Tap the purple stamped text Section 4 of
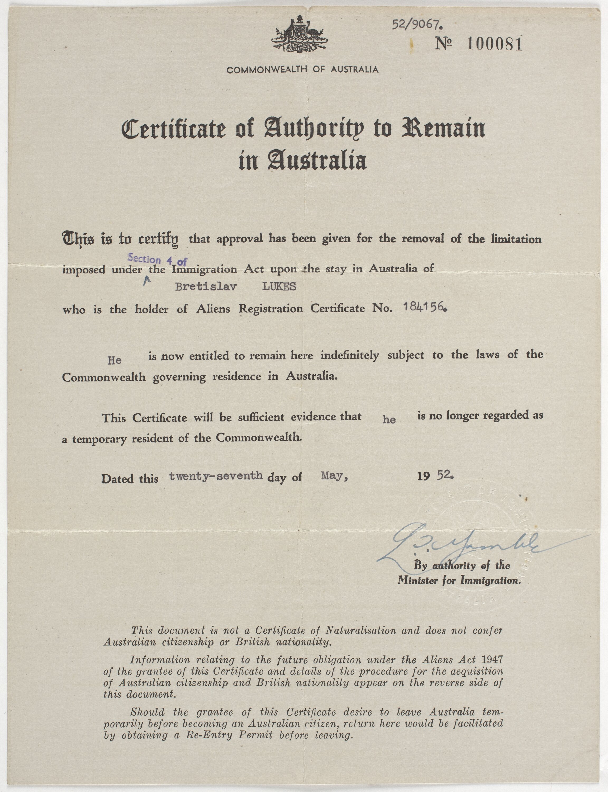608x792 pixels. [157, 260]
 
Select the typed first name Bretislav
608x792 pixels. [206, 287]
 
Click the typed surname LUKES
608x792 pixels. [279, 287]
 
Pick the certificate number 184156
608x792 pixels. [425, 307]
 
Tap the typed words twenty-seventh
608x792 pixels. [216, 476]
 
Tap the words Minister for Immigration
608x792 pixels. [459, 580]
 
